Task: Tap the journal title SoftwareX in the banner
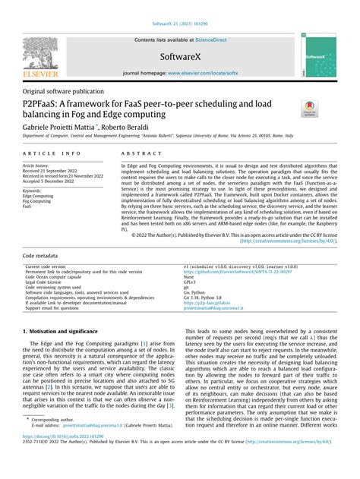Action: (x=179, y=57)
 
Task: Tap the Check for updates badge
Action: (x=311, y=109)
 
